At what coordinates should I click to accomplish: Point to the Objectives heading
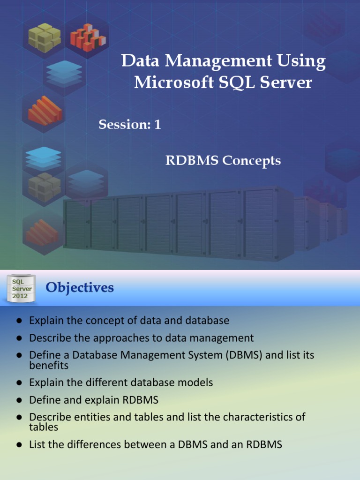80,287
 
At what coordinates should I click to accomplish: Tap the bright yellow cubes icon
44,38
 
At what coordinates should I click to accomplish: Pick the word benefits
49,365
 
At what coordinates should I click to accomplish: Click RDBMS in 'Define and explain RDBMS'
142,400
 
